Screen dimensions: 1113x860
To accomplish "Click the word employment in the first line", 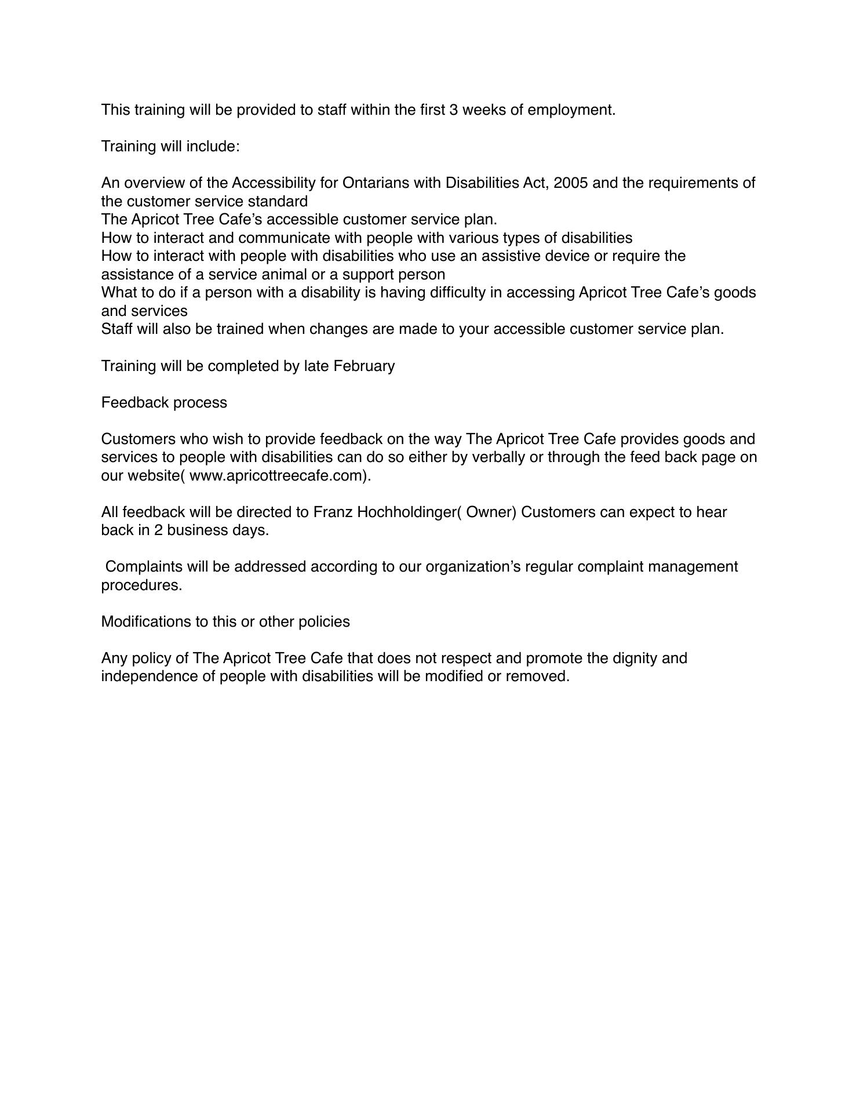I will (x=570, y=110).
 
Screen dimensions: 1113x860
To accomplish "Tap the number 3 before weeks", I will (x=453, y=110).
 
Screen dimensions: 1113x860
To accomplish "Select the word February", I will (x=364, y=366).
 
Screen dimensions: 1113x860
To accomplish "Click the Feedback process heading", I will (x=164, y=403).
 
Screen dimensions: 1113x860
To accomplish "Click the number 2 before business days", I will (x=158, y=530).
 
